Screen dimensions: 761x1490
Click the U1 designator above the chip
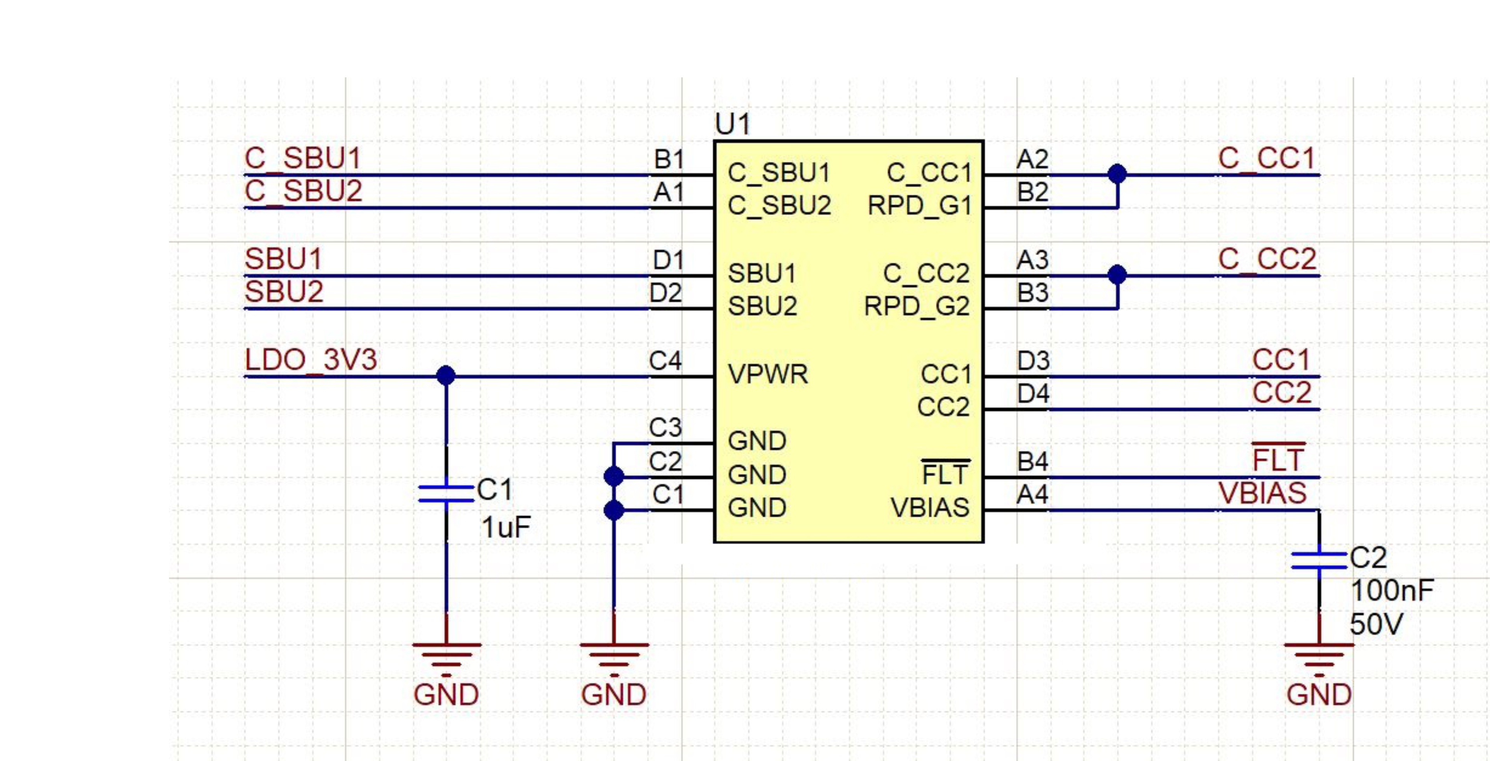(732, 124)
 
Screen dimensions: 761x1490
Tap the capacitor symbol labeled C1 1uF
(445, 494)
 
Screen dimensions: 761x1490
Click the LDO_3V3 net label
(310, 360)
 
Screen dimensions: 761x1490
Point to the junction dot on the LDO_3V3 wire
(445, 375)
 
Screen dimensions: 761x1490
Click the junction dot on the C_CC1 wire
(1117, 174)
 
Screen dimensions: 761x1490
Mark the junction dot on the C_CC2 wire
(1117, 274)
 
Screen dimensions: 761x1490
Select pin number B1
(669, 160)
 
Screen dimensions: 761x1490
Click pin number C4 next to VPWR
(665, 361)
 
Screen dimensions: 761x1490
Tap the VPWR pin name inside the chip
(768, 374)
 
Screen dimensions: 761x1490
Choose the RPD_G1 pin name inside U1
(919, 206)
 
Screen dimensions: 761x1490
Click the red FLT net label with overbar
(1278, 461)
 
